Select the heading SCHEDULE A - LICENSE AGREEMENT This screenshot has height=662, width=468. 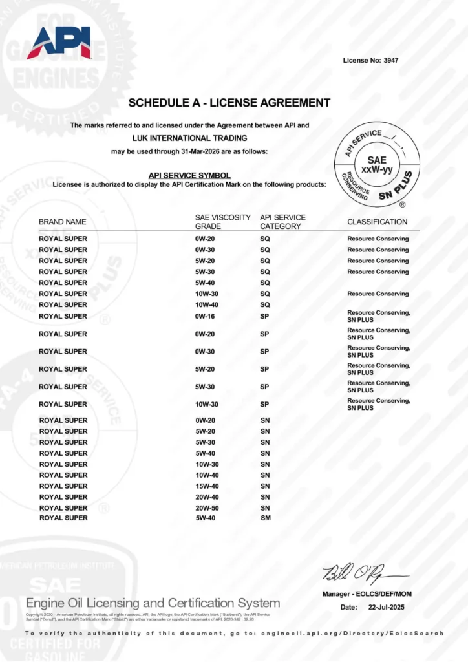click(229, 103)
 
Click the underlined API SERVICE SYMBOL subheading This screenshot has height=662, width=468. click(189, 175)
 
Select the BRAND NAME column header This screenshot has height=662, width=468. click(62, 222)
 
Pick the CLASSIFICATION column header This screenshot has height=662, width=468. click(378, 222)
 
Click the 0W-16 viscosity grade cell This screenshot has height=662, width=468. click(206, 316)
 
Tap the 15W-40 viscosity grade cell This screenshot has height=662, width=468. click(207, 486)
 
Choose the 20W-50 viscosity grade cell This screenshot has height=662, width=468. click(207, 508)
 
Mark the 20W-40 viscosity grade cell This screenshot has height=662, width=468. click(207, 497)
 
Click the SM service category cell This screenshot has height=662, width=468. click(265, 518)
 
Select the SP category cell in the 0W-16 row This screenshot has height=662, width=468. click(265, 316)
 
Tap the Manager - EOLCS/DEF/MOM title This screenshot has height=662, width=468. click(367, 594)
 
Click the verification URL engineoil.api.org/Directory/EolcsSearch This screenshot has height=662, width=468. click(352, 633)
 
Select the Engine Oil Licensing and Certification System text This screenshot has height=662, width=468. click(153, 603)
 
